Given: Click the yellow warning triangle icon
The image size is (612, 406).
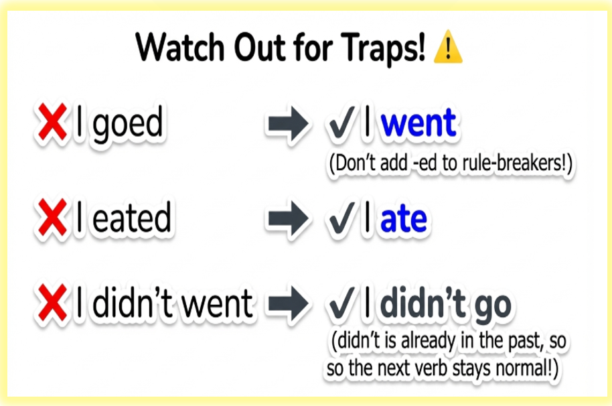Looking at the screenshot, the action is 448,47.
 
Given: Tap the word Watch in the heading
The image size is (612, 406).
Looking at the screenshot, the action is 180,47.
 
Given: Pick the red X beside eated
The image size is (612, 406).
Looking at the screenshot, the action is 52,218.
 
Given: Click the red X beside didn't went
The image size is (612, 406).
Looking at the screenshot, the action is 52,303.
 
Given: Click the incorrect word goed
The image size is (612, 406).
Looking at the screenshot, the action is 128,124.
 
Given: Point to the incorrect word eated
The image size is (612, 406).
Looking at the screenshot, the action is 131,218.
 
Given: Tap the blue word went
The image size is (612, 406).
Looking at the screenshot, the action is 418,123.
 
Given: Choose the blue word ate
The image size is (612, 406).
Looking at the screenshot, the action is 404,219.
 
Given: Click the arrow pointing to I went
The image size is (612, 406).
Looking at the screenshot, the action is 289,123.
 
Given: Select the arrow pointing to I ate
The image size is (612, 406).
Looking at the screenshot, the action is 289,218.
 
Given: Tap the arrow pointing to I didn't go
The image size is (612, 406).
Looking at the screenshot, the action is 289,303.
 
